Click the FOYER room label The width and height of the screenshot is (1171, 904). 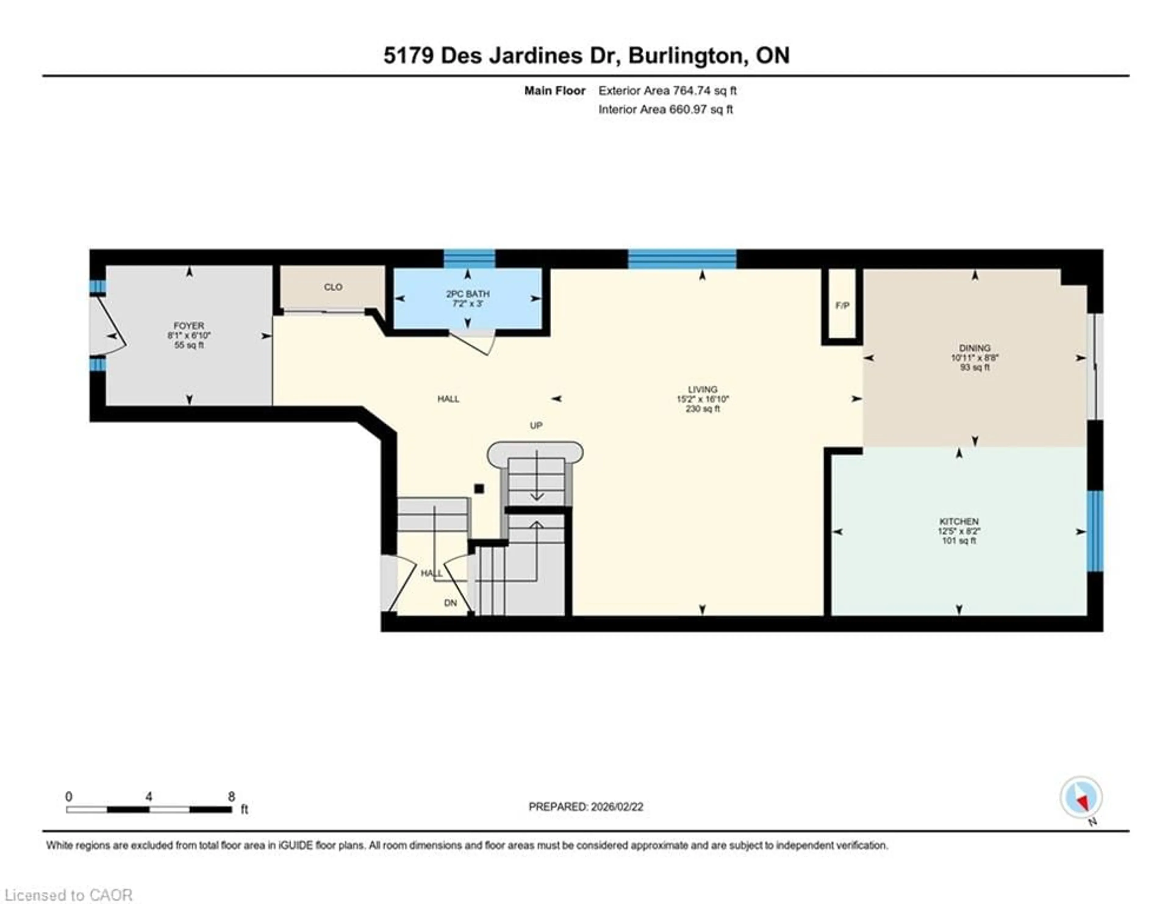[189, 325]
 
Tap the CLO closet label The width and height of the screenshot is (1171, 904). [333, 287]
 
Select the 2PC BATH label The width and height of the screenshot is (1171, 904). [467, 294]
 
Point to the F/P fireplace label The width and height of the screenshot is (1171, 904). [842, 306]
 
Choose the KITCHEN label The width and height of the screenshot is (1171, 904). [959, 521]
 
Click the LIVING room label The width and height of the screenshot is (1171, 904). [702, 389]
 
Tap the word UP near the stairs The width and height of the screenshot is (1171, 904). [536, 425]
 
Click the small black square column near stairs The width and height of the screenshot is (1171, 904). [479, 489]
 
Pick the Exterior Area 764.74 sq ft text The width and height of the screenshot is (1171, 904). [668, 91]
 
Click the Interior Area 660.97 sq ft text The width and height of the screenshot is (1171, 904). [665, 109]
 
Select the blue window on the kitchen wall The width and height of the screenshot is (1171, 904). [1095, 531]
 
